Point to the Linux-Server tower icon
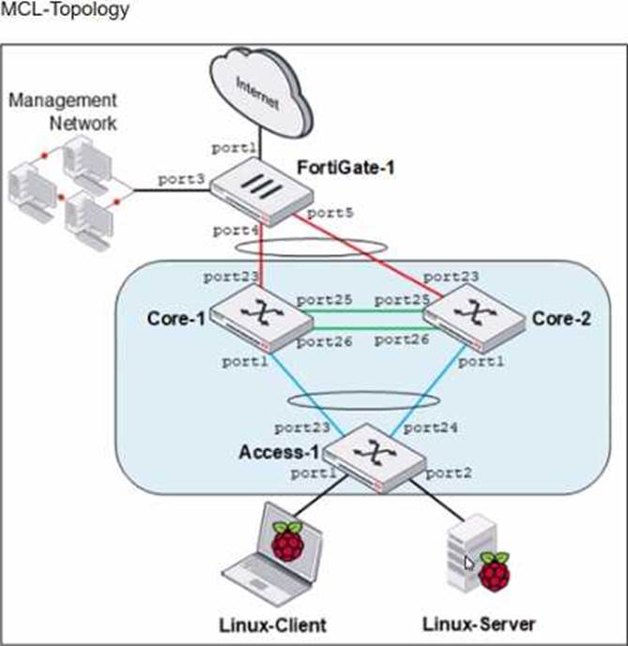(463, 557)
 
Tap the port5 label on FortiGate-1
(330, 213)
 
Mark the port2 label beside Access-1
(449, 473)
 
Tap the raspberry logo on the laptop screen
(288, 542)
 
